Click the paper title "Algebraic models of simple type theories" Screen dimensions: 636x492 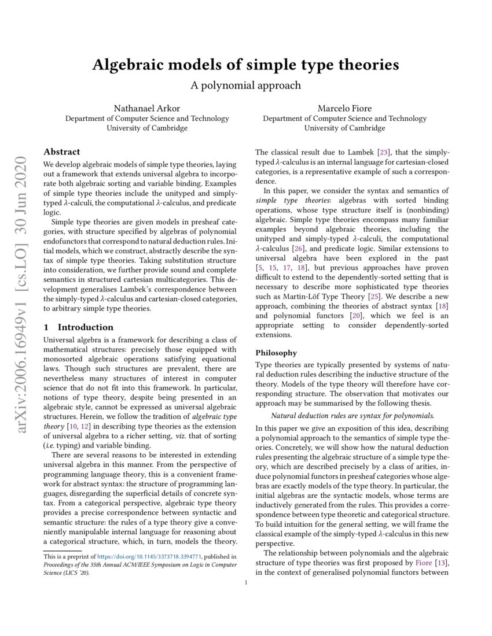(x=245, y=65)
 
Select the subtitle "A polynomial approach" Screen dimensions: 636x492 (x=245, y=85)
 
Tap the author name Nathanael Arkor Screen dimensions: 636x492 (x=147, y=109)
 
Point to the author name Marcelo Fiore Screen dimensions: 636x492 (x=344, y=109)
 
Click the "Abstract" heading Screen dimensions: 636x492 (x=62, y=151)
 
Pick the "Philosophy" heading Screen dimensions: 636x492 (x=276, y=353)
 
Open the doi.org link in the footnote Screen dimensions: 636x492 (x=152, y=557)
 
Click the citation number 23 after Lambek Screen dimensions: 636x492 (x=383, y=153)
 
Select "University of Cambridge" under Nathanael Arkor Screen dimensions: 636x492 (x=147, y=128)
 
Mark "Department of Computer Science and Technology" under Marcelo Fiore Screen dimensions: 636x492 (x=344, y=119)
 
